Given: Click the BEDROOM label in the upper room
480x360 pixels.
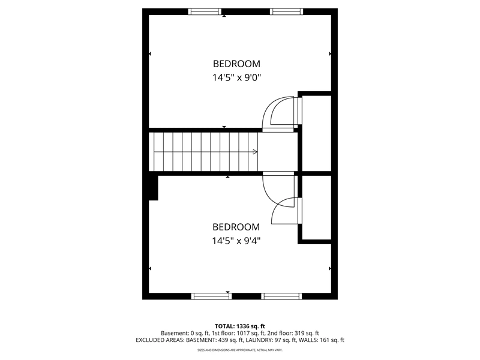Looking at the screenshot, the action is [236, 64].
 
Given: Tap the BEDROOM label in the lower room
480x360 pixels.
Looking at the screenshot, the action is [236, 227].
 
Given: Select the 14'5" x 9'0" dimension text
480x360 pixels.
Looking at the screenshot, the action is [236, 77].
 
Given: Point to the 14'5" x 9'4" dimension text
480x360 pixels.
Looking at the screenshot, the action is [236, 241].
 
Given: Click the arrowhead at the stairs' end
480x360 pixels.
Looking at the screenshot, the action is [255, 152].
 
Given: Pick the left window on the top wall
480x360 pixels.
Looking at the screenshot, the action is [204, 12].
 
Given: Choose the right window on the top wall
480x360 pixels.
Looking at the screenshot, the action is [287, 12].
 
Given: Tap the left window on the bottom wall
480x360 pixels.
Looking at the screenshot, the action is [212, 296].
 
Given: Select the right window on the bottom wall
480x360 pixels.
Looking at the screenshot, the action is [281, 296].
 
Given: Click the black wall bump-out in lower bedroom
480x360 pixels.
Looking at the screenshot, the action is [153, 188].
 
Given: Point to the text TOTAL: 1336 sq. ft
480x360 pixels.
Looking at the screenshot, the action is [239, 326].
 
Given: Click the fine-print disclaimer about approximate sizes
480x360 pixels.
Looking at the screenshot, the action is [239, 350].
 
